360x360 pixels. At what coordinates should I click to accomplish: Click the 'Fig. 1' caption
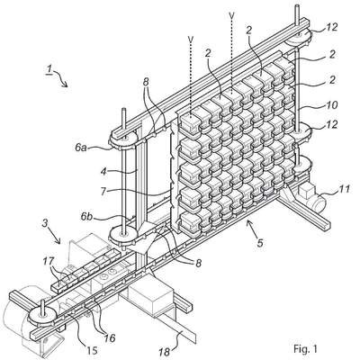pyautogui.click(x=305, y=349)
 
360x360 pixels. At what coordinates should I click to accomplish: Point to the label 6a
pyautogui.click(x=82, y=148)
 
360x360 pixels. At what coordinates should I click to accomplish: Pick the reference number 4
pyautogui.click(x=103, y=173)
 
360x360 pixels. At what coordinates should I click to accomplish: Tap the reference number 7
pyautogui.click(x=103, y=192)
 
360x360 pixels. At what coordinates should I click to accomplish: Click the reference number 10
pyautogui.click(x=332, y=105)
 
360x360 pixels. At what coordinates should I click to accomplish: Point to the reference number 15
pyautogui.click(x=91, y=349)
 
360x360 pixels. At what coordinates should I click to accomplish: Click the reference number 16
pyautogui.click(x=110, y=338)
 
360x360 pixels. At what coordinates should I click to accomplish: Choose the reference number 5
pyautogui.click(x=260, y=242)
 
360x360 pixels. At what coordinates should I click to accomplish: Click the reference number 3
pyautogui.click(x=44, y=224)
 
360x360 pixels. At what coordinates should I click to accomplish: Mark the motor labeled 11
pyautogui.click(x=312, y=198)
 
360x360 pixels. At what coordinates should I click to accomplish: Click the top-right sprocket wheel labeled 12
pyautogui.click(x=299, y=37)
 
